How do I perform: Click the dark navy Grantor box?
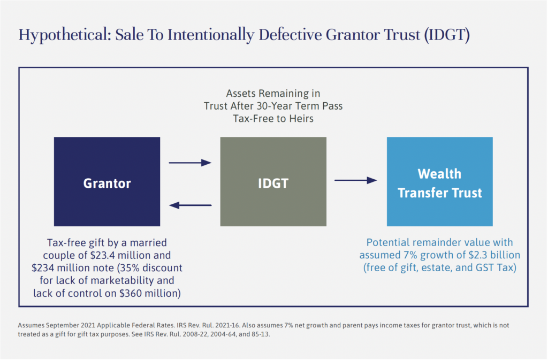107,181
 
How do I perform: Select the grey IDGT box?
273,181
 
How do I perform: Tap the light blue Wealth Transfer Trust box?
440,181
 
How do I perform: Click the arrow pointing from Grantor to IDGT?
190,163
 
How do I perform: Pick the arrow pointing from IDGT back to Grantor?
190,205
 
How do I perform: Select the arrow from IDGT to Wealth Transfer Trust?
356,180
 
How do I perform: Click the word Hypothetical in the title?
65,35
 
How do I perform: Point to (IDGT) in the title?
447,35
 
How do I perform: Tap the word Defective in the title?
290,35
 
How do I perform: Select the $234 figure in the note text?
43,268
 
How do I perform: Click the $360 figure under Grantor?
131,293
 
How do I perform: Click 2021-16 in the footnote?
230,325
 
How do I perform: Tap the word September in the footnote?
63,325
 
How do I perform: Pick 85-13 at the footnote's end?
261,334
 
